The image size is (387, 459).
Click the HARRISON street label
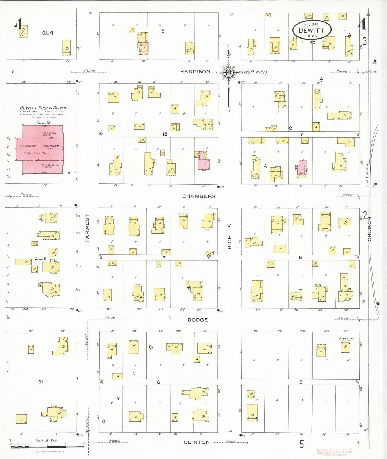pyautogui.click(x=195, y=72)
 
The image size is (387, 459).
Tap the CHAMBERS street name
pyautogui.click(x=199, y=196)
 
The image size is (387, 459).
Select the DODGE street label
pyautogui.click(x=198, y=320)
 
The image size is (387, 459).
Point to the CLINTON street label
pyautogui.click(x=197, y=442)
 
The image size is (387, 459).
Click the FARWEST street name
pyautogui.click(x=87, y=228)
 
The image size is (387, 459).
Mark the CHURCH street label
pyautogui.click(x=370, y=229)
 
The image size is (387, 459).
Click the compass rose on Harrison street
pyautogui.click(x=228, y=73)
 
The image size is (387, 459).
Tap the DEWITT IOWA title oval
pyautogui.click(x=312, y=30)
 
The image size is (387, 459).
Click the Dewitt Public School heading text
pyautogui.click(x=43, y=108)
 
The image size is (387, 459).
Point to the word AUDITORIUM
pyautogui.click(x=51, y=146)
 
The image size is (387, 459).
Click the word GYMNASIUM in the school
pyautogui.click(x=28, y=146)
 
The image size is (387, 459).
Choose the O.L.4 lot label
pyautogui.click(x=48, y=33)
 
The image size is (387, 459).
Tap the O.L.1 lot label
pyautogui.click(x=43, y=382)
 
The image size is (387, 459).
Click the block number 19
pyautogui.click(x=162, y=31)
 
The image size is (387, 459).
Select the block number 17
pyautogui.click(x=300, y=134)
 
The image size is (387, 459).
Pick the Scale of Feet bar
pyautogui.click(x=47, y=446)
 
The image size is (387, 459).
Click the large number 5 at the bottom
pyautogui.click(x=302, y=444)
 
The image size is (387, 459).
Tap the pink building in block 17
pyautogui.click(x=301, y=168)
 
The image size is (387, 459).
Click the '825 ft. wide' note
pyautogui.click(x=254, y=72)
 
